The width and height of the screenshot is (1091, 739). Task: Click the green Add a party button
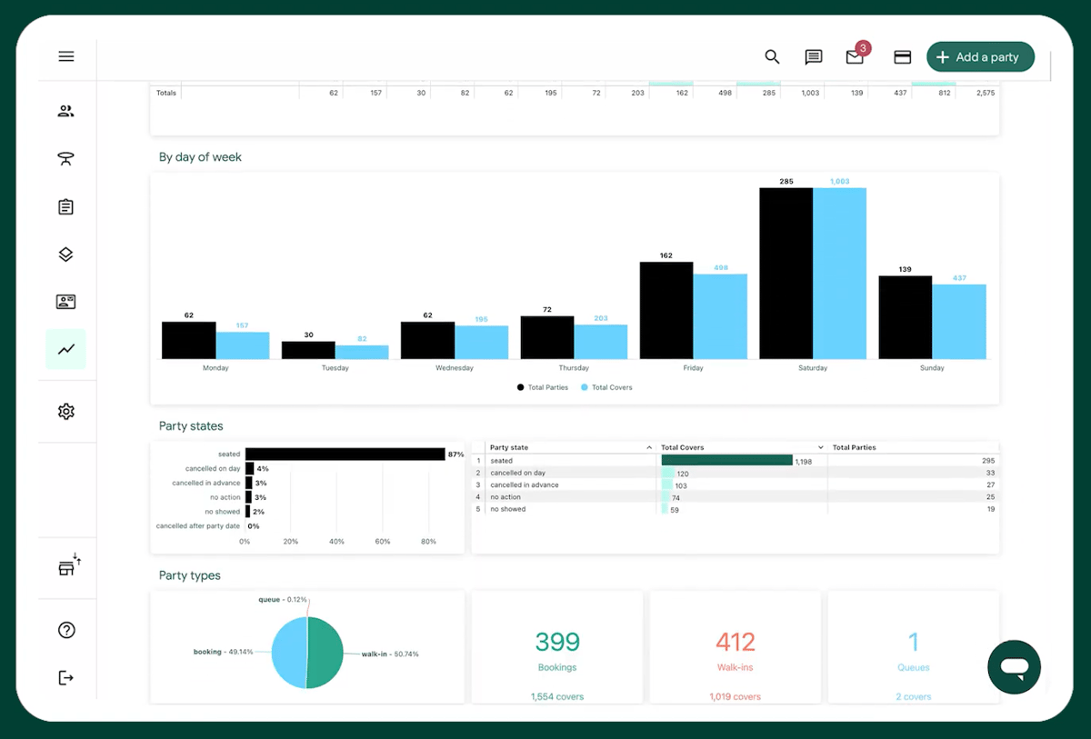tap(980, 57)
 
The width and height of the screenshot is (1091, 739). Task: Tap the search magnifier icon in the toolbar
tap(772, 57)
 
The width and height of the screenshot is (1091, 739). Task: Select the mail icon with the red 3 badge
tap(855, 57)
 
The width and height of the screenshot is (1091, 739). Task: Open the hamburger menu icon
tap(66, 56)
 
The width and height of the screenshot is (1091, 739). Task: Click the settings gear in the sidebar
tap(66, 412)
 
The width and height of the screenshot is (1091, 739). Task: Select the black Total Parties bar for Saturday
tap(786, 273)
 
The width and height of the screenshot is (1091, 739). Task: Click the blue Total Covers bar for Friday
tap(720, 316)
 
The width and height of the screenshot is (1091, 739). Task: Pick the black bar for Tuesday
tap(308, 350)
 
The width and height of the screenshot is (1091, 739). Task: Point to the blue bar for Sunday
tap(958, 322)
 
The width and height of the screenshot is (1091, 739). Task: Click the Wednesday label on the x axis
tap(455, 368)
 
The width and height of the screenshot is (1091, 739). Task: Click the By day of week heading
tap(200, 157)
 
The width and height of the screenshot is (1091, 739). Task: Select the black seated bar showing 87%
tap(344, 454)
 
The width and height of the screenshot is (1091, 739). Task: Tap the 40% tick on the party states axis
tap(336, 541)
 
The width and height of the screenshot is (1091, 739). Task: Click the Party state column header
tap(509, 447)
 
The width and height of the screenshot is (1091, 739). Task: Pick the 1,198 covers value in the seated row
tap(803, 462)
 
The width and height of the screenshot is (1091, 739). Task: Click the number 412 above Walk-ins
tap(735, 643)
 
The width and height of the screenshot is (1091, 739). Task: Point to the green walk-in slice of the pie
tap(325, 653)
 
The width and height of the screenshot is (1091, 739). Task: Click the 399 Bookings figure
tap(557, 643)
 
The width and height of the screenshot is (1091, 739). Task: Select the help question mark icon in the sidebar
tap(66, 630)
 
